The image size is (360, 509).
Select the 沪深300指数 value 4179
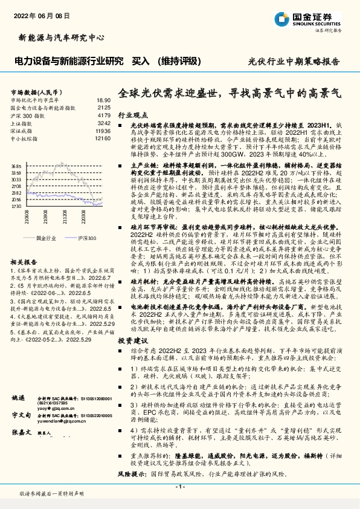104,115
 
